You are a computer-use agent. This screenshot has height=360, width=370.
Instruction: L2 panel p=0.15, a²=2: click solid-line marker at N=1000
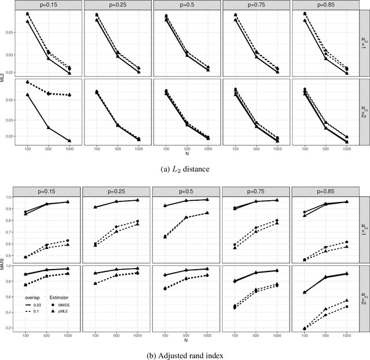coord(69,141)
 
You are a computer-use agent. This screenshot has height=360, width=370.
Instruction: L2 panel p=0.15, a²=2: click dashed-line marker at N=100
coord(27,82)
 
